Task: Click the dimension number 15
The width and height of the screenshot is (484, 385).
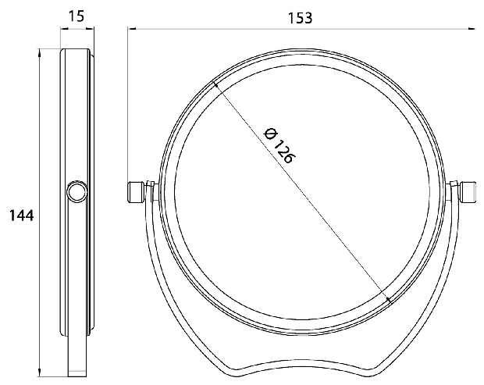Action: [x=76, y=16]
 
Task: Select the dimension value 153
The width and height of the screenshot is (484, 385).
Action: [x=300, y=18]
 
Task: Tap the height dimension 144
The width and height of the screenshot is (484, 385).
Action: [x=21, y=216]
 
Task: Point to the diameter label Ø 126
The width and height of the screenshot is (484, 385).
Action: [x=279, y=145]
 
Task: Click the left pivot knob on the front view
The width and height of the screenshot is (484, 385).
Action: [x=136, y=192]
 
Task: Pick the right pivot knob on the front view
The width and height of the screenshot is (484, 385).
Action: [x=469, y=192]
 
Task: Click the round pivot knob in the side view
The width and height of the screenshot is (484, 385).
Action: [x=77, y=192]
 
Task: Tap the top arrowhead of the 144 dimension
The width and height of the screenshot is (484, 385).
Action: [x=39, y=53]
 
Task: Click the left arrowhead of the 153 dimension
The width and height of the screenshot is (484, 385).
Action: [x=132, y=29]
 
